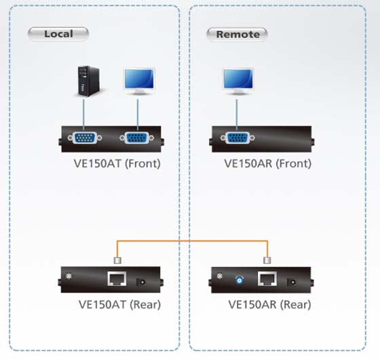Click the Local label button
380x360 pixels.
[x=58, y=34]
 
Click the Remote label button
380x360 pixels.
[x=237, y=35]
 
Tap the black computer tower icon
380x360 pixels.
[x=88, y=82]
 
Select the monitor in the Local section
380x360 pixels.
[x=139, y=82]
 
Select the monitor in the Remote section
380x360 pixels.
[x=238, y=82]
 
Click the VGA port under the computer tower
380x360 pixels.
[x=85, y=138]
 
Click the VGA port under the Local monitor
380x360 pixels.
[x=137, y=138]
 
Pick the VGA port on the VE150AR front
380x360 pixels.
[x=237, y=138]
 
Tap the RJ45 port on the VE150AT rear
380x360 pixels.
[x=117, y=278]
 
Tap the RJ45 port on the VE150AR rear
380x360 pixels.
[x=267, y=278]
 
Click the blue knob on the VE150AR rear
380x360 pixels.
[x=240, y=281]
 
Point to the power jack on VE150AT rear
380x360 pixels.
[x=141, y=282]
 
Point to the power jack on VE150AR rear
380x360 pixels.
[x=292, y=282]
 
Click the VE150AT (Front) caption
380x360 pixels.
[x=117, y=164]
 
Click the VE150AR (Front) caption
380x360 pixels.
[x=268, y=164]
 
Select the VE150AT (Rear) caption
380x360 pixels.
[x=119, y=304]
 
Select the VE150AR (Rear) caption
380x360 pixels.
[x=270, y=304]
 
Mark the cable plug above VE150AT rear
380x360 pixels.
[x=117, y=260]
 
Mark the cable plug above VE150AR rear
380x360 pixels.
[x=267, y=260]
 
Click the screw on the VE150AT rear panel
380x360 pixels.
[x=69, y=276]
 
